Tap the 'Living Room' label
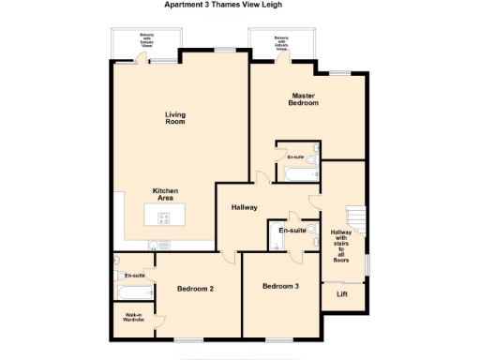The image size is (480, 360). point(175,118)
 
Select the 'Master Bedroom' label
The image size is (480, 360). point(302,99)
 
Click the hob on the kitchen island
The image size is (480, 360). point(164,219)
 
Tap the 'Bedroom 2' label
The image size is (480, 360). point(196,289)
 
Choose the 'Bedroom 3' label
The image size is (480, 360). point(280,286)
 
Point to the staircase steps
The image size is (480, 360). point(355,221)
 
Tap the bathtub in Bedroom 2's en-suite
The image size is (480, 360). point(130,263)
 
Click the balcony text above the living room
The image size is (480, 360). point(146,39)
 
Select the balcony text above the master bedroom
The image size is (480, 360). point(281,41)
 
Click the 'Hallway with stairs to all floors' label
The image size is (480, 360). point(341,246)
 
